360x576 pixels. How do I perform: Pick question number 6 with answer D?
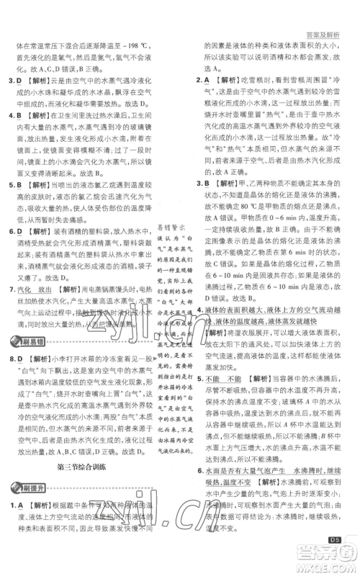(13, 232)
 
